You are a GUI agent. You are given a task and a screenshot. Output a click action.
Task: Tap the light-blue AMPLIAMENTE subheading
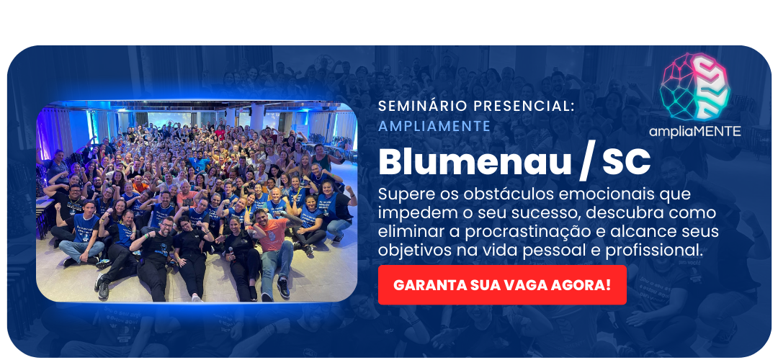click(434, 126)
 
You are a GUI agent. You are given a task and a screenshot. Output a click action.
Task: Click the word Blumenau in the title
click(475, 161)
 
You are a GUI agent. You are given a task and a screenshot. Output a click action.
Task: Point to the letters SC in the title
click(626, 162)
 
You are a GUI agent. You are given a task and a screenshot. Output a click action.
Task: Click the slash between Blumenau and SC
click(587, 163)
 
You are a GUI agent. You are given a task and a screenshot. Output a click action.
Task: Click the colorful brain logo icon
click(694, 87)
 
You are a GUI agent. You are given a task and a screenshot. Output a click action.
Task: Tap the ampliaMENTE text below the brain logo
click(694, 131)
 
